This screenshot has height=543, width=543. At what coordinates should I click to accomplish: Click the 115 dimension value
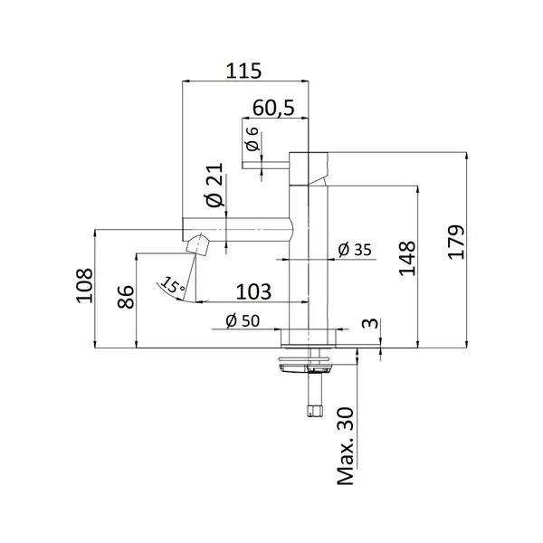click(x=243, y=71)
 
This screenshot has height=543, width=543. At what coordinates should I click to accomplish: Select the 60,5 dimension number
click(x=273, y=108)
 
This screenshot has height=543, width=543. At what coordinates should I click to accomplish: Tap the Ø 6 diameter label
click(x=253, y=138)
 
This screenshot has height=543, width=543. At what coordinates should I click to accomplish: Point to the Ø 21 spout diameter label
click(x=214, y=185)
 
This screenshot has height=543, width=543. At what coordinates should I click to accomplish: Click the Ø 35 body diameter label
click(x=355, y=250)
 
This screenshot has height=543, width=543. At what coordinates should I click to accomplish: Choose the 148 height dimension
click(x=407, y=258)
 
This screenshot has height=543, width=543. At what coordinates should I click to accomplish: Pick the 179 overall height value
click(x=456, y=242)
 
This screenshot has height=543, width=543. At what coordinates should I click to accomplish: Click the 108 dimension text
click(x=84, y=286)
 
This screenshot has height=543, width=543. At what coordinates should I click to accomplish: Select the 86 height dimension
click(x=126, y=297)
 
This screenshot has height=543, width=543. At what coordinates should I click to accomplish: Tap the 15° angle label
click(x=173, y=285)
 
